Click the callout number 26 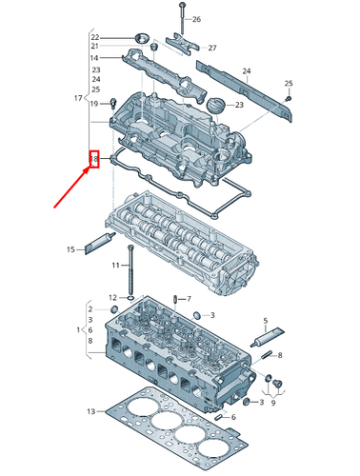click(x=196, y=19)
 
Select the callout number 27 click(x=211, y=48)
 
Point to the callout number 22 click(x=95, y=35)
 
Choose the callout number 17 click(x=78, y=98)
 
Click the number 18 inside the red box click(x=94, y=159)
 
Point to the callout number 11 click(x=116, y=264)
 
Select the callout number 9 click(x=273, y=402)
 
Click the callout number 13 click(x=90, y=411)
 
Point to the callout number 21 click(x=95, y=46)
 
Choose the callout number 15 click(x=70, y=249)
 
